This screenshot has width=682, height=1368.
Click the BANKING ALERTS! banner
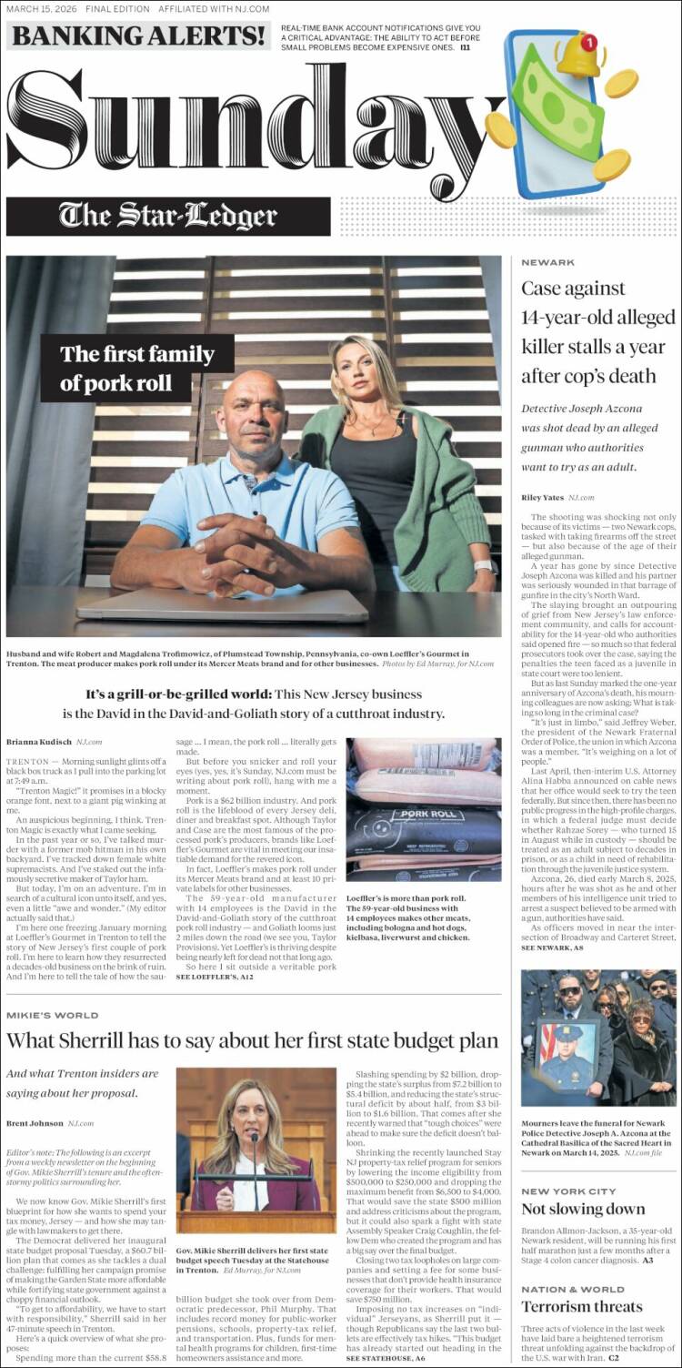point(138,35)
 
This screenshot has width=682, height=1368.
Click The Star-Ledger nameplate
point(168,216)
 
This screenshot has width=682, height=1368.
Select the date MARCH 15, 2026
point(40,8)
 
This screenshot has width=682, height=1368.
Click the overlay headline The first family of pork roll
point(137,368)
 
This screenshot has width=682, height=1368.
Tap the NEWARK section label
point(547,262)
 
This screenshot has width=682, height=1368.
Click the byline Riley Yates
point(543,498)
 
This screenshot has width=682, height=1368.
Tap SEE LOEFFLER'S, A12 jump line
point(215,977)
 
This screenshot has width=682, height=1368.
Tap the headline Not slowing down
point(583,1210)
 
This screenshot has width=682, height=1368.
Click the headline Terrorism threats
point(581,1307)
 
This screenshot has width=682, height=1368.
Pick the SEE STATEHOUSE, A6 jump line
point(385,1358)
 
